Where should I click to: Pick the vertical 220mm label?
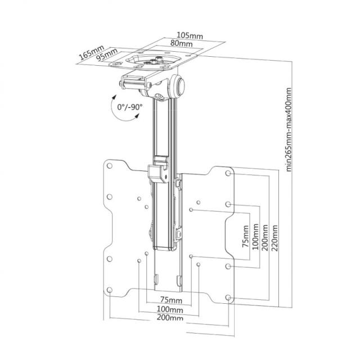pyautogui.click(x=274, y=239)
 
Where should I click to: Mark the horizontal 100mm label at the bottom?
pyautogui.click(x=169, y=309)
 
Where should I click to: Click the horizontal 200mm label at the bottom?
pyautogui.click(x=170, y=318)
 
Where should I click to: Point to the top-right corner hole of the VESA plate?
pyautogui.click(x=228, y=173)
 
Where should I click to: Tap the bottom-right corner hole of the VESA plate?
pyautogui.click(x=228, y=298)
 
